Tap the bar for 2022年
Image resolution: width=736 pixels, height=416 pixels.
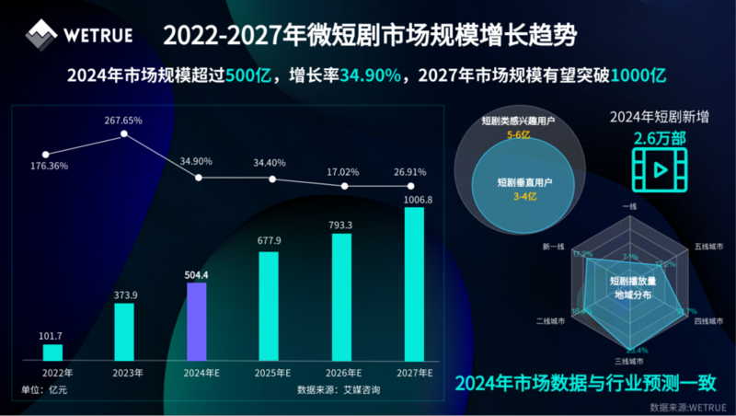pyautogui.click(x=52, y=352)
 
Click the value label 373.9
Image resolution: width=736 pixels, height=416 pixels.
pyautogui.click(x=124, y=295)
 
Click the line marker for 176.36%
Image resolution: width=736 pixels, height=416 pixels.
pyautogui.click(x=46, y=154)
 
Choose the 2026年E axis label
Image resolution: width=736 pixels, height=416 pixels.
pyautogui.click(x=344, y=373)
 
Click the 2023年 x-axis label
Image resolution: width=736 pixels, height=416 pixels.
pyautogui.click(x=125, y=373)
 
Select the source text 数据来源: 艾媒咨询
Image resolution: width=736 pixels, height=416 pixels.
pyautogui.click(x=339, y=389)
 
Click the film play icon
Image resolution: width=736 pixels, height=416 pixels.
pyautogui.click(x=659, y=169)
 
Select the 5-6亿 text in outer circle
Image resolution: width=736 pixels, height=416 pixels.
pyautogui.click(x=519, y=135)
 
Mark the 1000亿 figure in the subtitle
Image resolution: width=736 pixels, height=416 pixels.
pyautogui.click(x=638, y=75)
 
